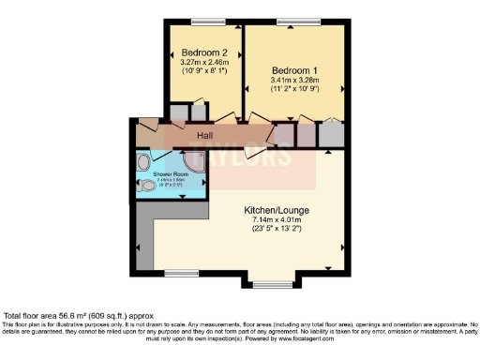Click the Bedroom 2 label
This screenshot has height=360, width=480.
coord(204,52)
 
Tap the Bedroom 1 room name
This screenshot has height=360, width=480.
coord(294,71)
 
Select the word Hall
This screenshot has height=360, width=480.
coord(205,137)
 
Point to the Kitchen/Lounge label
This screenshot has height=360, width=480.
coord(277,209)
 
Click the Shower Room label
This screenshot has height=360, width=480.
coord(171,174)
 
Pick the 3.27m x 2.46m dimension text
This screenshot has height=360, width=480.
coord(204,61)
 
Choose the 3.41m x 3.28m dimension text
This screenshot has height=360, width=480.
coord(294,82)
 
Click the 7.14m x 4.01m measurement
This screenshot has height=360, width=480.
coord(277,219)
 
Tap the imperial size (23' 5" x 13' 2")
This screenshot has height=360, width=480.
coord(277,230)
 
